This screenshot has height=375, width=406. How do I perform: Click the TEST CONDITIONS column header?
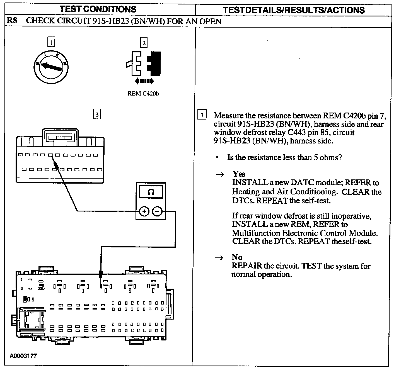pos(98,9)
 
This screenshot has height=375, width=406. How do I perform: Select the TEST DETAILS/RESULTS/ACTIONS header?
pos(294,10)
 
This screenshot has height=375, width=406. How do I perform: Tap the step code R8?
pos(12,21)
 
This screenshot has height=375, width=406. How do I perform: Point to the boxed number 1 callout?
pos(51,42)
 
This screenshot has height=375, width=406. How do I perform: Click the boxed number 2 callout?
pos(144,43)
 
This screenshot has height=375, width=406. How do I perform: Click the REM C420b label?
pos(143,94)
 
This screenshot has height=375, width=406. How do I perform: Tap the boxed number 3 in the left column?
pos(96,115)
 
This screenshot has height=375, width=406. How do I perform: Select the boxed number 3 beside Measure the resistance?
pos(202,115)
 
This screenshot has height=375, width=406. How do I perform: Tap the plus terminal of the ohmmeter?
pos(144,212)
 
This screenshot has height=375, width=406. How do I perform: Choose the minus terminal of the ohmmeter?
pos(157,212)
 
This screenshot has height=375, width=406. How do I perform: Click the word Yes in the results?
pos(239,174)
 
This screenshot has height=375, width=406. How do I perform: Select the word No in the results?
pos(237,257)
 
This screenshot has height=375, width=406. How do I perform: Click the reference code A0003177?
pos(23,356)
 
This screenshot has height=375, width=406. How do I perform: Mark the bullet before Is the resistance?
pos(217,158)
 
